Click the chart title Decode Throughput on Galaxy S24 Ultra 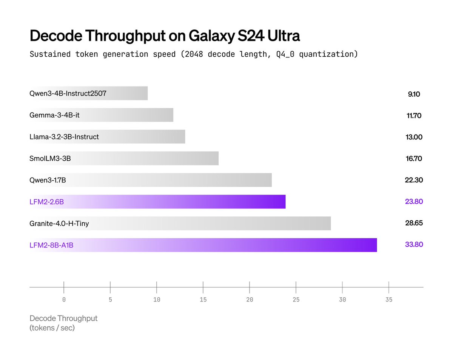coord(165,36)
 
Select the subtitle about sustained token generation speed coord(193,54)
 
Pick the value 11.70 coord(414,115)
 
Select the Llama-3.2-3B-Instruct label coord(64,137)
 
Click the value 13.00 coord(414,137)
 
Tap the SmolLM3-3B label coord(50,158)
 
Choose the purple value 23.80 coord(414,201)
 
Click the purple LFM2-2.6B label coord(46,202)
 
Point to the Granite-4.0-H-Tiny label coord(59,223)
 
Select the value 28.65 coord(414,223)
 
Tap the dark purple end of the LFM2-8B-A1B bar coord(374,245)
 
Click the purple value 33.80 coord(414,244)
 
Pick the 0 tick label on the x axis coord(64,300)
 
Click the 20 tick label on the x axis coord(249,300)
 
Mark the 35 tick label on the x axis coord(389,300)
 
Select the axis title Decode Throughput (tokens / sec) coord(63,323)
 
